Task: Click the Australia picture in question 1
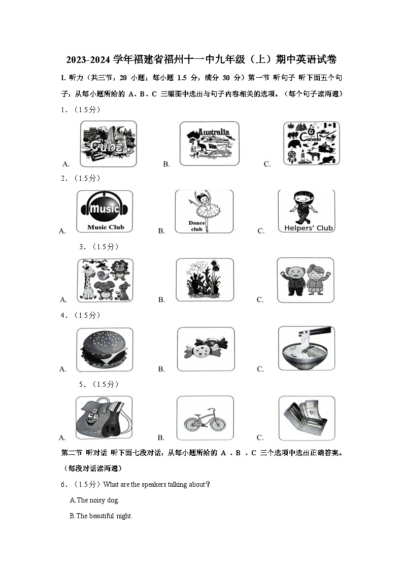tap(209, 144)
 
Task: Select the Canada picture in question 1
tap(311, 143)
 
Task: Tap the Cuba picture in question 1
tap(108, 144)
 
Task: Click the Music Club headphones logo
tap(105, 208)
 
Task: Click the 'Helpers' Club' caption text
tap(308, 228)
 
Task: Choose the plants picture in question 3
tap(205, 280)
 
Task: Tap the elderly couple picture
tap(305, 280)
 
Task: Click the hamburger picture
tap(105, 349)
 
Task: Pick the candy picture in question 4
tap(206, 349)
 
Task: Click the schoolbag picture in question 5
tap(104, 418)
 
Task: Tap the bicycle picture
tap(205, 418)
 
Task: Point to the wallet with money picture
tap(307, 418)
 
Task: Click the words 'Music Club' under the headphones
tap(106, 227)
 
